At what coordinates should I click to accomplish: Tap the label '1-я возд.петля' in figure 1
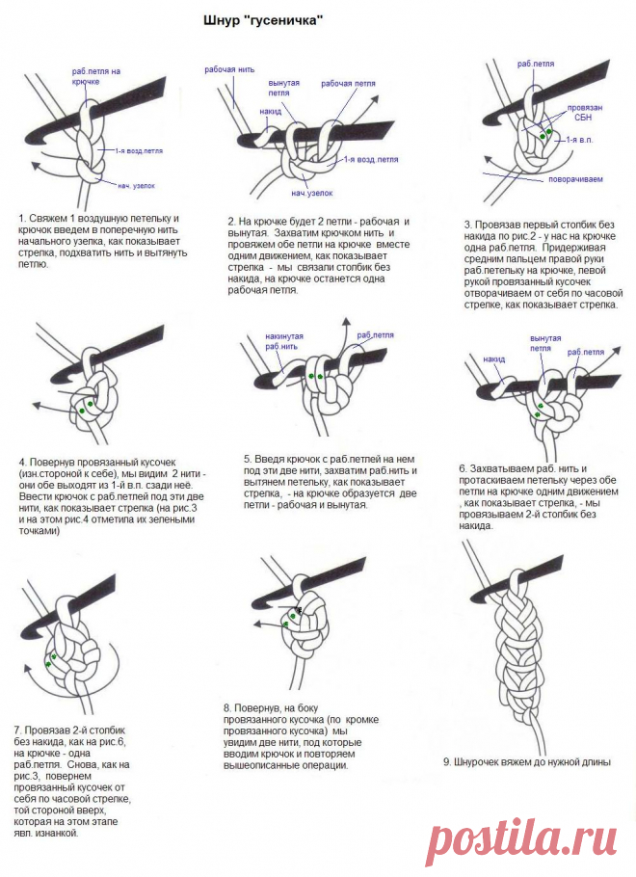click(138, 151)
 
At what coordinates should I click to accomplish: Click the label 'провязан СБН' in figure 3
click(584, 113)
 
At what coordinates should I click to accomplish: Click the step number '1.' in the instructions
click(21, 219)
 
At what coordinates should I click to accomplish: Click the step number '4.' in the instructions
click(21, 462)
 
